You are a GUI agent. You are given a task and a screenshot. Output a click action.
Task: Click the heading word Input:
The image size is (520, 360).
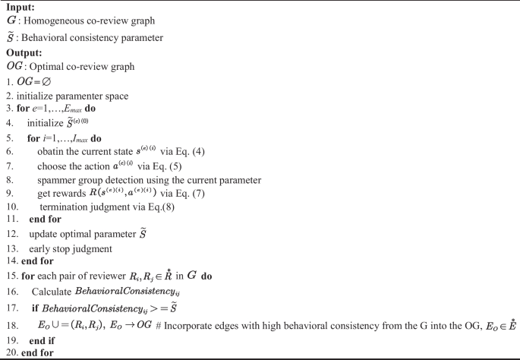click(x=20, y=7)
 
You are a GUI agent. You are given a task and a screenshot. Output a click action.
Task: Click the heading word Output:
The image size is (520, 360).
click(x=24, y=52)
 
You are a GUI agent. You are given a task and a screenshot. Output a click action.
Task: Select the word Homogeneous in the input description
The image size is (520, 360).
click(x=56, y=21)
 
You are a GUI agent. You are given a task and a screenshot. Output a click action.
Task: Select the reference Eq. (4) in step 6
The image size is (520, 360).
click(x=195, y=153)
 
